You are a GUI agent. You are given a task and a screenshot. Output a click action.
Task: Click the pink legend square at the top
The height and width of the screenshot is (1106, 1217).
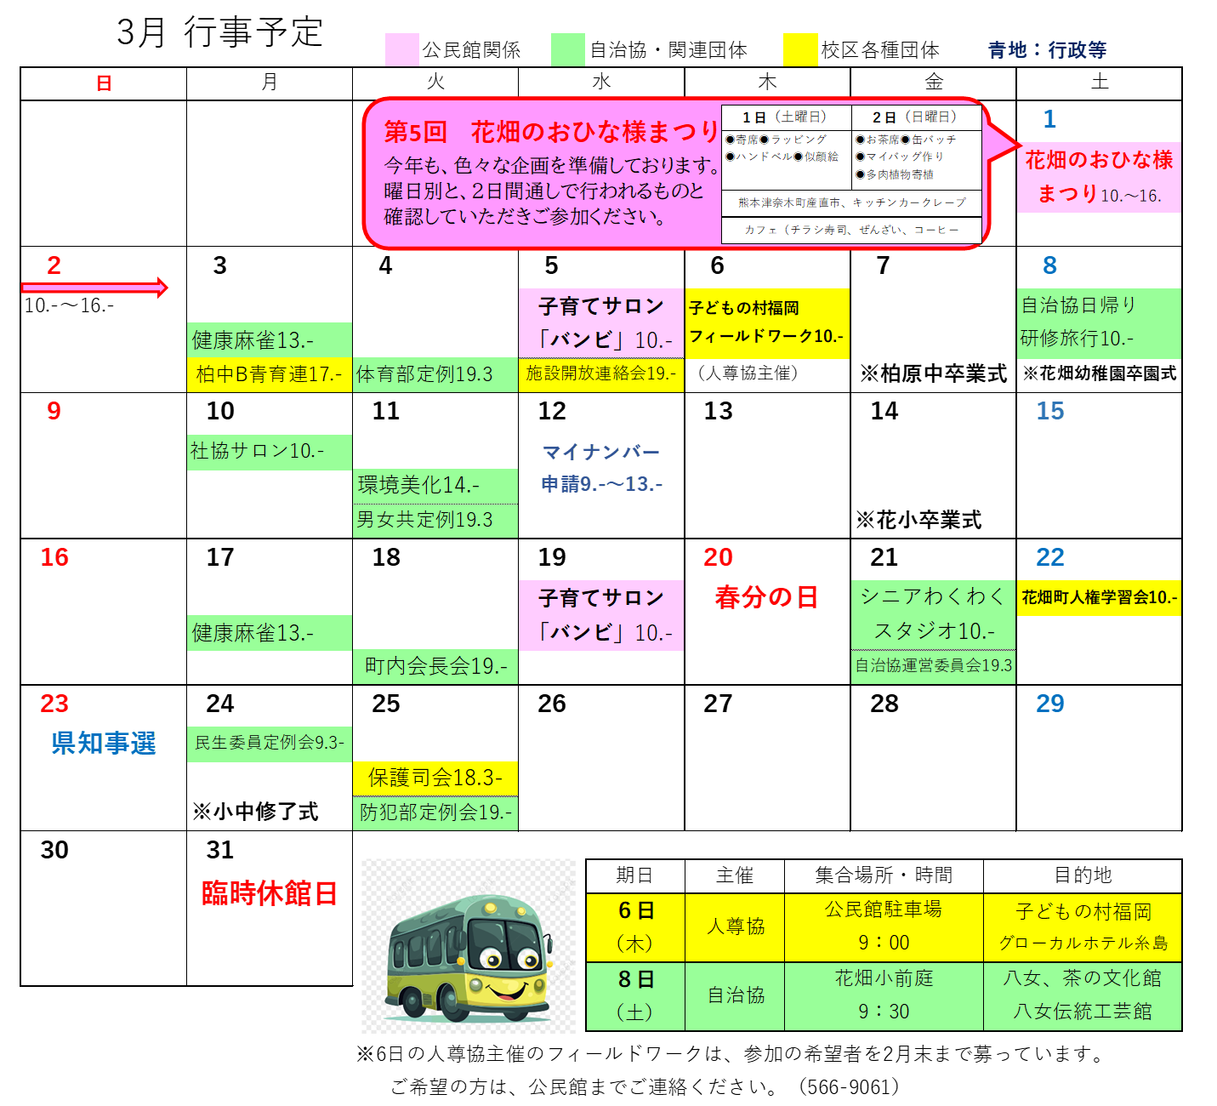pos(401,49)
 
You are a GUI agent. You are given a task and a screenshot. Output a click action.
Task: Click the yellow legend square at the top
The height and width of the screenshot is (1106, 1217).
pos(800,49)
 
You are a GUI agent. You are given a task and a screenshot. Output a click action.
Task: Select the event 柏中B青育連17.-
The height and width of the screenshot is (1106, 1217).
pos(269,374)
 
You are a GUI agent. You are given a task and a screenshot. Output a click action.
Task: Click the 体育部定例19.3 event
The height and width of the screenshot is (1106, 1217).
pos(435,374)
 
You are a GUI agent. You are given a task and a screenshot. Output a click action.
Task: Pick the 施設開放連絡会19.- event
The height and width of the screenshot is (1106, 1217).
pos(600,374)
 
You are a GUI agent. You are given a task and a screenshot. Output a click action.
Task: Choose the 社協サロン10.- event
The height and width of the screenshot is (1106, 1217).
pos(269,452)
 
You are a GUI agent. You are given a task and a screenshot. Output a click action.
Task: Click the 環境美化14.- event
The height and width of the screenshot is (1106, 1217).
pos(435,486)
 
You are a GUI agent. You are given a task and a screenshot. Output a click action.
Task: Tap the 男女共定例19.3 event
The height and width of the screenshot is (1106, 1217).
pos(435,520)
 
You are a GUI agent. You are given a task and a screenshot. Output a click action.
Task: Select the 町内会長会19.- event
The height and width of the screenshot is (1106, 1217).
pos(435,666)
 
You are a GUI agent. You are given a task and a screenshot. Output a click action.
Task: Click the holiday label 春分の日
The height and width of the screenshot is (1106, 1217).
pos(766,597)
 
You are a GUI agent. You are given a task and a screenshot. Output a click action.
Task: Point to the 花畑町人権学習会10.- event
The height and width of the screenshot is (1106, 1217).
pos(1099,597)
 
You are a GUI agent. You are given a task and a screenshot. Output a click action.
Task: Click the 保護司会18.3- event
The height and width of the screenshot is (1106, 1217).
pos(435,778)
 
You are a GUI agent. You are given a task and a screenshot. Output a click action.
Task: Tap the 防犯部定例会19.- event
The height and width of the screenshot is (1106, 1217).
pos(435,812)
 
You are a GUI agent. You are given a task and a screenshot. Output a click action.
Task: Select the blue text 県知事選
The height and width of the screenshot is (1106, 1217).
pos(104,743)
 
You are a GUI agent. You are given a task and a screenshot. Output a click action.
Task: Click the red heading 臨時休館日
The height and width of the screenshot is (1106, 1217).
pos(270,893)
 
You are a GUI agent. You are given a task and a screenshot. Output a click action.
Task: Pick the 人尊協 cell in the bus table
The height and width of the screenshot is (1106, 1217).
pos(736,926)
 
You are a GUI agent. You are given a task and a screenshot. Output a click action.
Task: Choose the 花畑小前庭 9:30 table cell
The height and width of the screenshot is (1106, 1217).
pos(884,995)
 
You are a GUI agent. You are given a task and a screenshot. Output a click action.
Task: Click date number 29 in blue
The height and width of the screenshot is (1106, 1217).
pos(1050,704)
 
